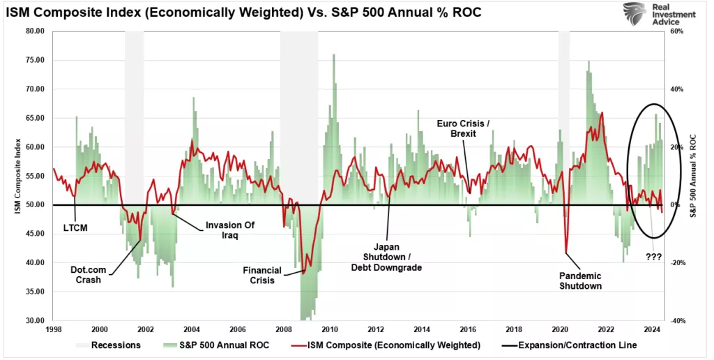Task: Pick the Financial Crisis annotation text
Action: pos(261,275)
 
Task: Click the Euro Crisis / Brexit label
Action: pos(463,128)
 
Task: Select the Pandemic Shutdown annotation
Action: pos(580,280)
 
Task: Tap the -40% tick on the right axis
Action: pos(676,321)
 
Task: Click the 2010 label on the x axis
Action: pos(330,329)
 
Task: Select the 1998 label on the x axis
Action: pos(53,329)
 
